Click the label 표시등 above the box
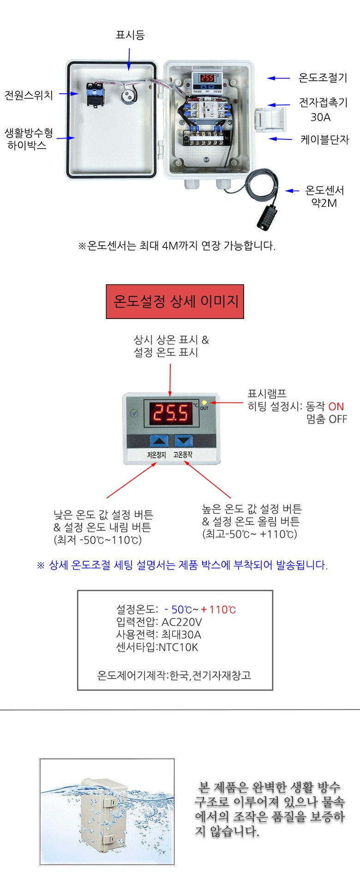[x=130, y=35]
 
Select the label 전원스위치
[x=29, y=96]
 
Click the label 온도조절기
[x=323, y=78]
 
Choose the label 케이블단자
[x=324, y=139]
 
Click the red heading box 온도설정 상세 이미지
[x=175, y=302]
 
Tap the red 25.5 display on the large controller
[x=171, y=412]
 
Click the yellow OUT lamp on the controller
[x=204, y=403]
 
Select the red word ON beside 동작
[x=336, y=407]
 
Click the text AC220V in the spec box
[x=181, y=622]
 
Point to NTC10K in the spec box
[x=178, y=647]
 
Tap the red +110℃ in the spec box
[x=218, y=609]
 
